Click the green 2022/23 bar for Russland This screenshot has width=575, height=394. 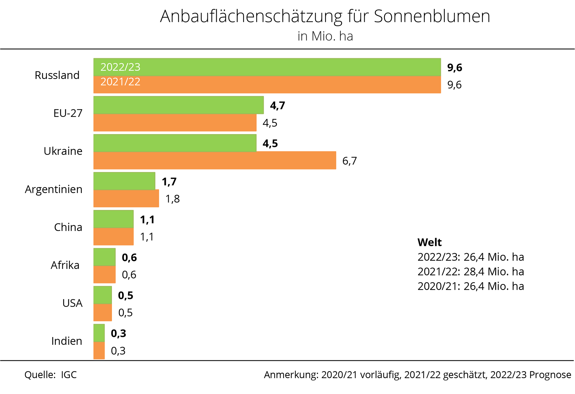coord(267,67)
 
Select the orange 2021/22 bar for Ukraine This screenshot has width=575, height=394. coord(215,160)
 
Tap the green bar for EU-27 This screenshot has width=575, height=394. coord(179,105)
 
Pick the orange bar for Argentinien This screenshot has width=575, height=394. coord(126,198)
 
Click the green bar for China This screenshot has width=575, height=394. coord(113,219)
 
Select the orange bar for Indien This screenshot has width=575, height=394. coord(99,350)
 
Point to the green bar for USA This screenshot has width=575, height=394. coord(102,295)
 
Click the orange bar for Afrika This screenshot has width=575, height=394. coord(104,274)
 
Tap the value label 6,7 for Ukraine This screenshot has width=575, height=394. coord(350,161)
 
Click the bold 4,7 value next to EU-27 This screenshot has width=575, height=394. coord(277,106)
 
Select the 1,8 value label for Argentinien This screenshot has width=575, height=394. coord(172,199)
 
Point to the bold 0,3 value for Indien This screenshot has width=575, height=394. coord(118,333)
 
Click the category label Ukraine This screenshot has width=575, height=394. coord(63,151)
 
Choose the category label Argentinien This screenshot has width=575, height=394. coord(54,189)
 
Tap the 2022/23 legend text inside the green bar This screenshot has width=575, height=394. coord(120,67)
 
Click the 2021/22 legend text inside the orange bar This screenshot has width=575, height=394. coord(120,82)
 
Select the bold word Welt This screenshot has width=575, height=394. coord(429,242)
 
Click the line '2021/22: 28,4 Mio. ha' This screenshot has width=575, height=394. coord(471,271)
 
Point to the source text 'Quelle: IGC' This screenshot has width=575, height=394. coord(51,375)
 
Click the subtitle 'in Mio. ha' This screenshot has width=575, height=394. coord(325,36)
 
